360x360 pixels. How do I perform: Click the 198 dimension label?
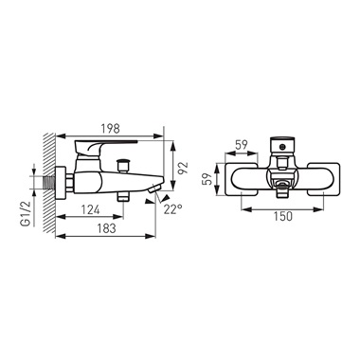[x=110, y=129]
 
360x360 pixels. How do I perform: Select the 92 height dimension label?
[x=183, y=168]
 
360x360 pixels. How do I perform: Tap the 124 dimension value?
[x=91, y=209]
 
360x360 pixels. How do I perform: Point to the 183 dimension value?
[x=106, y=228]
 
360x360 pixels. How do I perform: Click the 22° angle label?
[x=173, y=209]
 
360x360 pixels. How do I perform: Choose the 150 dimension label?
[x=282, y=216]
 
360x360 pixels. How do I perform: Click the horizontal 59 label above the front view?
[x=242, y=145]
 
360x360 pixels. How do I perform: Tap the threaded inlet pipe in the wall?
[x=49, y=182]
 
